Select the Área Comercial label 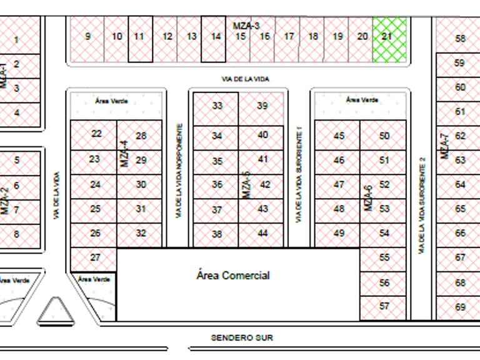233,275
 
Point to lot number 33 216,106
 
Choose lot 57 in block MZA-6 384,306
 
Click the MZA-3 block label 246,26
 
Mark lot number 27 95,257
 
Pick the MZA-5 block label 246,185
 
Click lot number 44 262,234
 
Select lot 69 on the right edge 461,307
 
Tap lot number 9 87,37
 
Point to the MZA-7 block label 446,147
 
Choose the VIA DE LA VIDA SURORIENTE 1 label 299,175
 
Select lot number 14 215,37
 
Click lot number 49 339,234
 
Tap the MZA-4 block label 125,153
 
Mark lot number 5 17,160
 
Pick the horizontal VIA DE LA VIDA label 246,79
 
